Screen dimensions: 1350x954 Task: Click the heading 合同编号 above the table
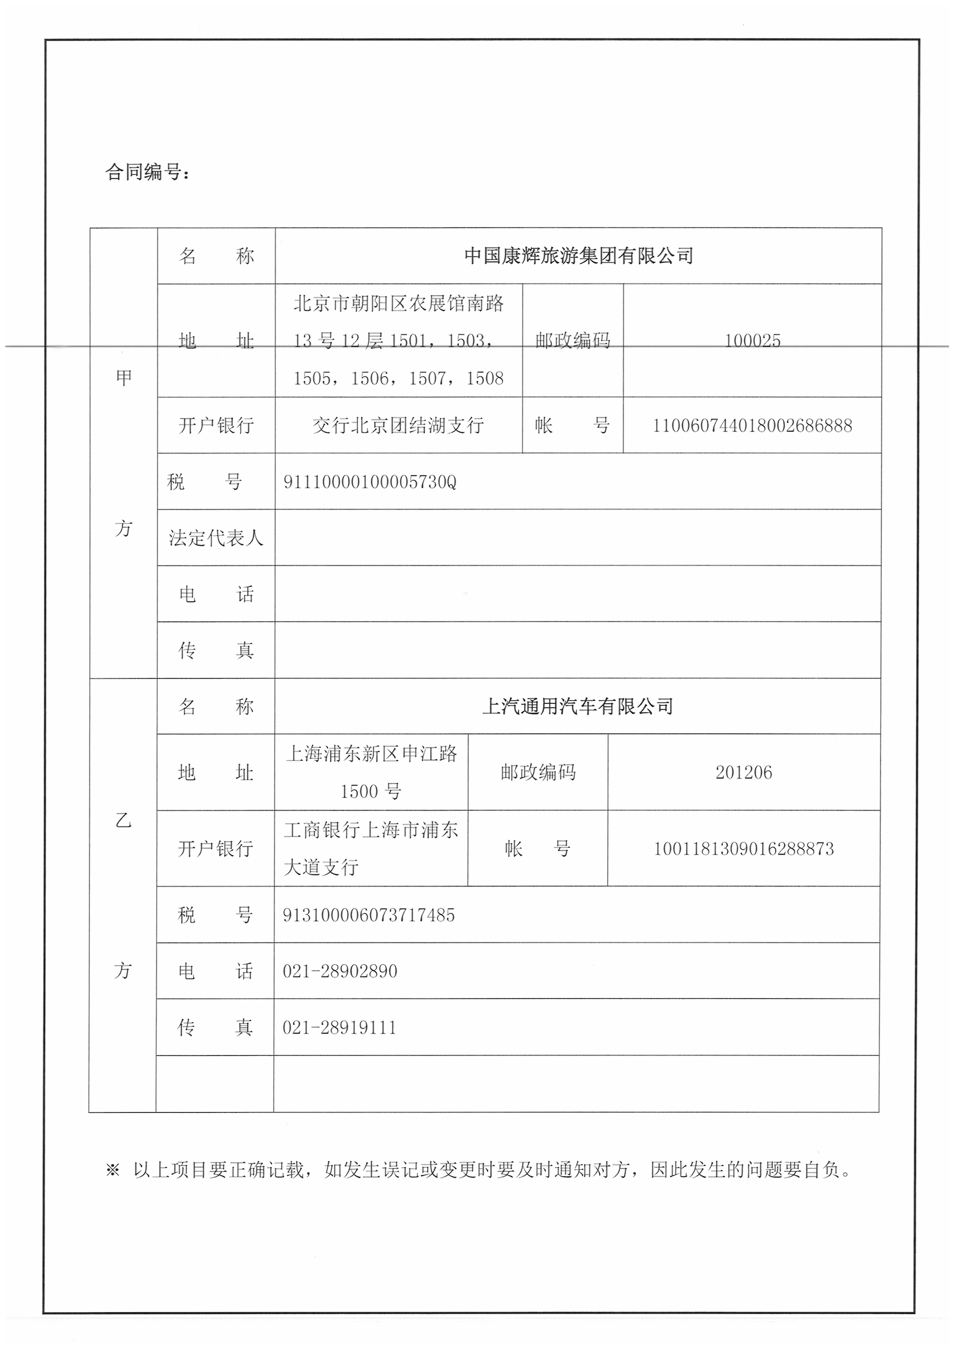tap(147, 172)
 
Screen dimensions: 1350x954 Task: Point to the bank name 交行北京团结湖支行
tap(398, 425)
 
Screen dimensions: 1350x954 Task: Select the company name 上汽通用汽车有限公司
tap(577, 706)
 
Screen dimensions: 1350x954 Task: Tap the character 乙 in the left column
tap(123, 820)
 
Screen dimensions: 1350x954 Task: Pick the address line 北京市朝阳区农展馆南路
tap(398, 303)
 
